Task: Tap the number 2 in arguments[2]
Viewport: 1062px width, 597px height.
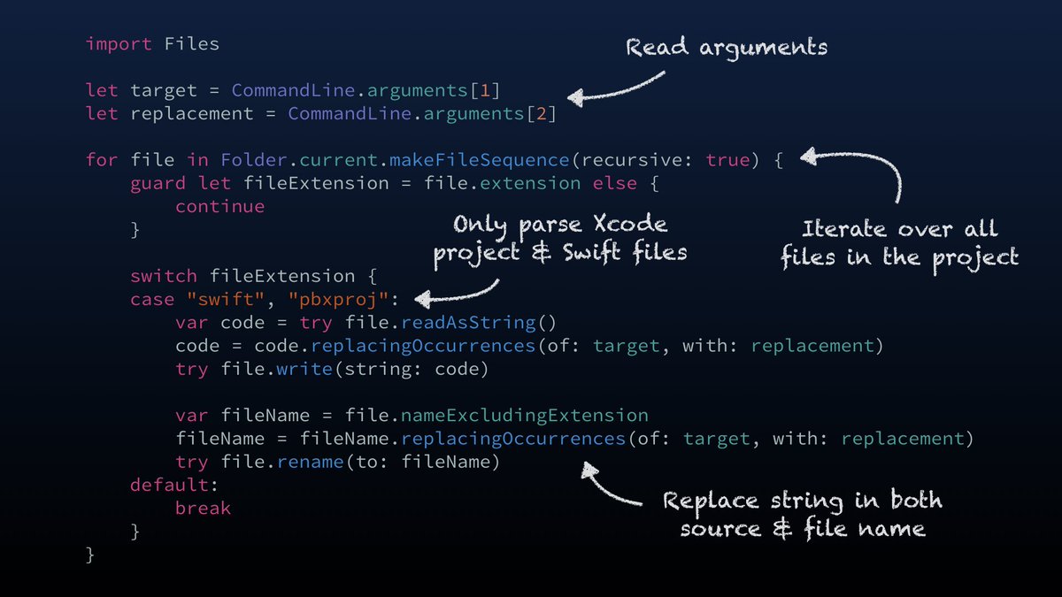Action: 547,113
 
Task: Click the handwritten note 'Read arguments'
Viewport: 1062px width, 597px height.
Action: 727,46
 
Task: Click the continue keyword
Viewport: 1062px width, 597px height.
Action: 219,206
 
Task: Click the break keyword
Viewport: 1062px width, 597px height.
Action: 203,508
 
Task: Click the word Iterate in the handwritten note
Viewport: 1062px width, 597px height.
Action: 843,229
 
